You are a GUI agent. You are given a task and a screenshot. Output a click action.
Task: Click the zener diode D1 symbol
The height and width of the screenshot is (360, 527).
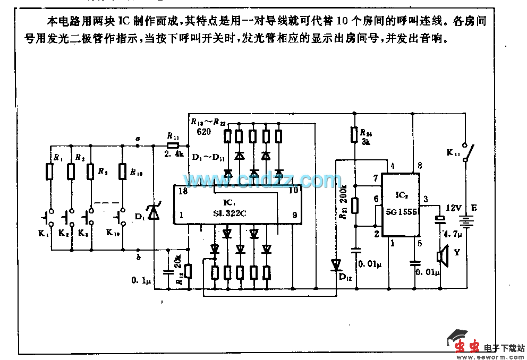pyautogui.click(x=154, y=212)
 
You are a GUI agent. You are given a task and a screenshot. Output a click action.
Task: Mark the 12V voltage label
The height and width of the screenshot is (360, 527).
pyautogui.click(x=454, y=208)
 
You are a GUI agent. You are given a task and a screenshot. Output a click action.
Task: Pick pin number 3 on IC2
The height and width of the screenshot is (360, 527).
pyautogui.click(x=426, y=199)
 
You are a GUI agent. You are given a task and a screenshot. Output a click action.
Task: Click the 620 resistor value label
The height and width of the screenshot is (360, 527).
pyautogui.click(x=203, y=131)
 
